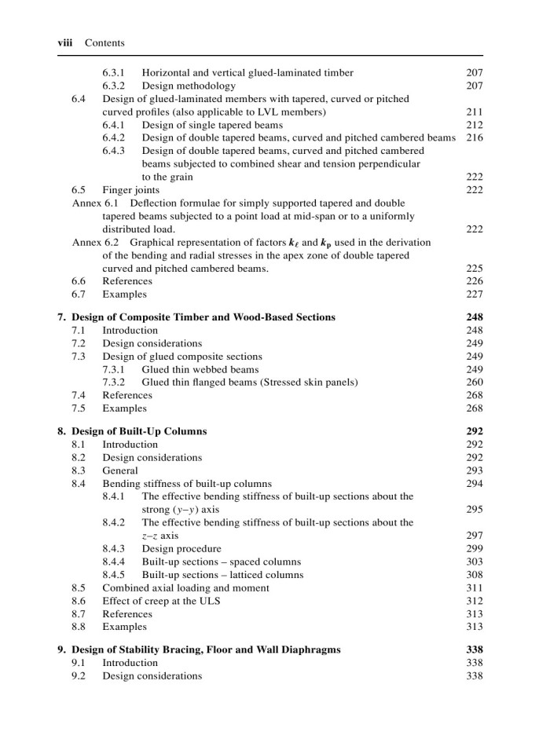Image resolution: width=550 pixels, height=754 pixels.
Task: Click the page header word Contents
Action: tap(104, 42)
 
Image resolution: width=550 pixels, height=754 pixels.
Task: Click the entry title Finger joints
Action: tap(130, 190)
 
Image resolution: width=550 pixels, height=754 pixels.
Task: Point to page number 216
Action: tap(474, 138)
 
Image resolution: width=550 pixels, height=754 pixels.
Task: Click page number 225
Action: tap(474, 269)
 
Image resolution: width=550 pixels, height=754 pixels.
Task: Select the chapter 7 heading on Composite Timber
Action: tap(203, 317)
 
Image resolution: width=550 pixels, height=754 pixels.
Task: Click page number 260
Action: tap(474, 382)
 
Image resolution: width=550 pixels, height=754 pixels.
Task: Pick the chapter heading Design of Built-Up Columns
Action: tap(139, 431)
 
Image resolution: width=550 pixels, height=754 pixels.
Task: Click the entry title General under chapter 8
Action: tap(120, 470)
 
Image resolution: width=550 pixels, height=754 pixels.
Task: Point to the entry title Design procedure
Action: tap(181, 549)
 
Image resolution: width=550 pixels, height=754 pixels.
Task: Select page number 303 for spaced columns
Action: tap(474, 562)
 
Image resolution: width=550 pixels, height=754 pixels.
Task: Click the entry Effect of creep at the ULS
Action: tap(161, 601)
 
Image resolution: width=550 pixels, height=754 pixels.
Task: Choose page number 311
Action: tap(474, 587)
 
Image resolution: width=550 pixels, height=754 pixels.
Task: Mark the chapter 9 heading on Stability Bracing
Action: tap(206, 650)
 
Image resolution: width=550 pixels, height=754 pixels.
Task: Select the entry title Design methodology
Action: tap(189, 86)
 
